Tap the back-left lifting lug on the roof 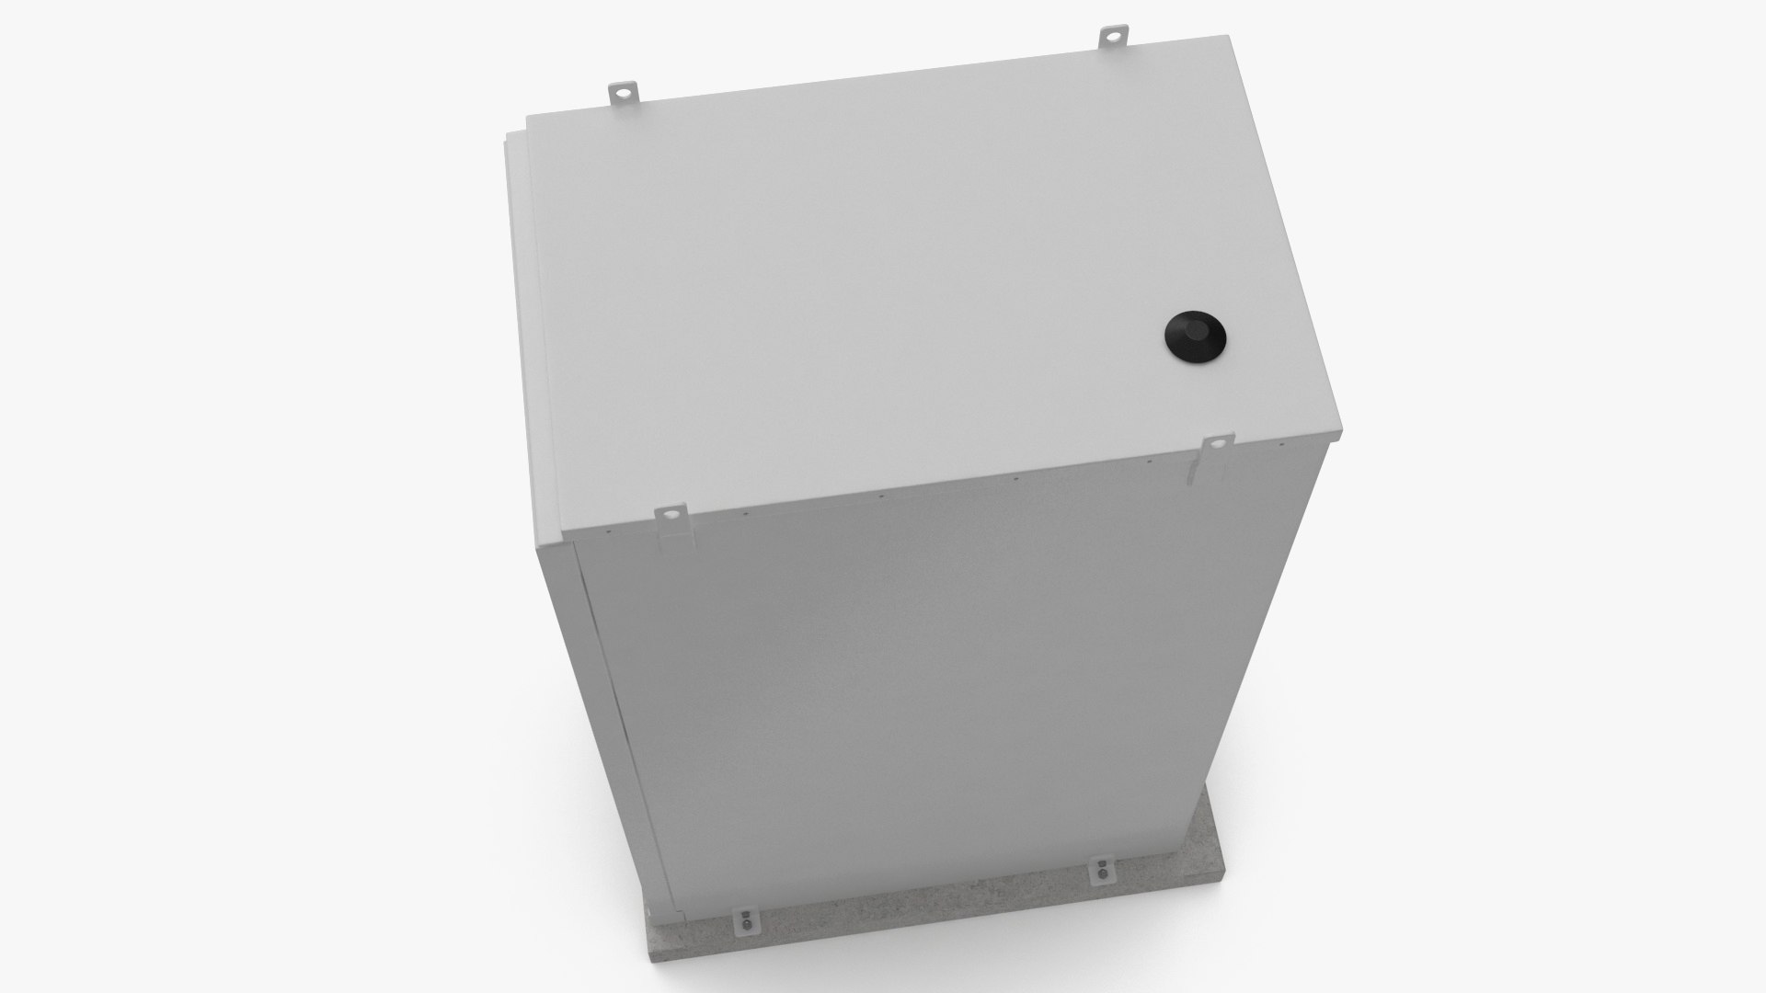(x=623, y=93)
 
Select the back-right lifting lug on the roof (x=1115, y=40)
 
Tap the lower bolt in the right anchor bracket (x=1101, y=880)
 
